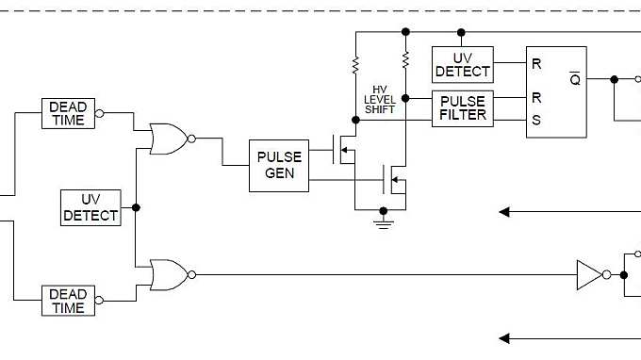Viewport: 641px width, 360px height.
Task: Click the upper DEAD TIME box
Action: click(x=68, y=113)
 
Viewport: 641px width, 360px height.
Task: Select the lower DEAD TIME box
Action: click(x=68, y=301)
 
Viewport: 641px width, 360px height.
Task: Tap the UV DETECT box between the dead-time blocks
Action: click(x=90, y=207)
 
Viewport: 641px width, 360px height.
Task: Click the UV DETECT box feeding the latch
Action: click(x=463, y=63)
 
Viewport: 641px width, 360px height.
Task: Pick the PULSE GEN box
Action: click(x=278, y=165)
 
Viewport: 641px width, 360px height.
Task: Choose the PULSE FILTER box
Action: click(x=463, y=107)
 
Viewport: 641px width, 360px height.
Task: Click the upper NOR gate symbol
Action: click(x=167, y=138)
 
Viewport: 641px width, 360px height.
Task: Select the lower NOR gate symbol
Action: click(x=167, y=274)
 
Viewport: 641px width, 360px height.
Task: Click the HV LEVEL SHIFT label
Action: click(x=380, y=98)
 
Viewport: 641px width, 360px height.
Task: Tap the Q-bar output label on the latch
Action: click(x=575, y=79)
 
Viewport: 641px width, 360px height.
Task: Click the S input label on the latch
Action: click(x=536, y=119)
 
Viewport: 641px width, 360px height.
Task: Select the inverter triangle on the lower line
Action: click(x=588, y=275)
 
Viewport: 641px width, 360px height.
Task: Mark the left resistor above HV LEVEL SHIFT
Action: click(x=356, y=64)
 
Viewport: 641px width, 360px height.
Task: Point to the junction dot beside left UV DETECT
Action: click(x=136, y=207)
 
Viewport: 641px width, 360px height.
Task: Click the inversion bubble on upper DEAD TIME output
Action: click(x=100, y=115)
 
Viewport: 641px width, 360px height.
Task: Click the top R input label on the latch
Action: click(x=536, y=64)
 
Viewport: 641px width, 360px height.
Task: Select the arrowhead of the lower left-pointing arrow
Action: click(x=505, y=338)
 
